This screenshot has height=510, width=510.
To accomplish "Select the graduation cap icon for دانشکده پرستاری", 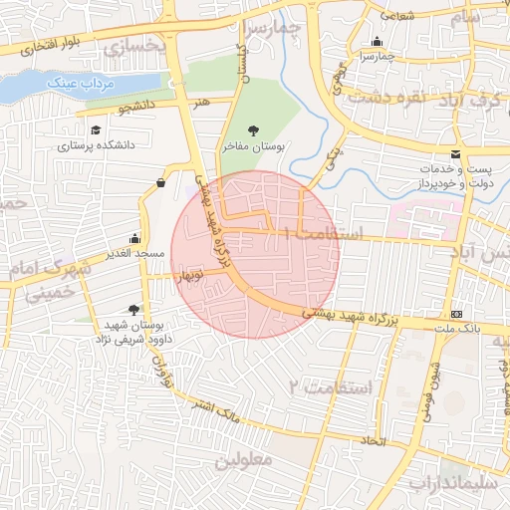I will (96, 130).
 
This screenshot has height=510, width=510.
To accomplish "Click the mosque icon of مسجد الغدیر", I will (134, 239).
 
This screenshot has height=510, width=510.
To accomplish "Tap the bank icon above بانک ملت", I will (456, 314).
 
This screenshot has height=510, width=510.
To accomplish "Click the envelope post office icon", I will (455, 154).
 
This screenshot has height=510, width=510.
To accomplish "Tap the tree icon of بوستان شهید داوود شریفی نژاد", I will (134, 309).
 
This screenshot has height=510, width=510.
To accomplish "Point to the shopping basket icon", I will (161, 182).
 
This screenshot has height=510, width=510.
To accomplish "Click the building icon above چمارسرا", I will (377, 42).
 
